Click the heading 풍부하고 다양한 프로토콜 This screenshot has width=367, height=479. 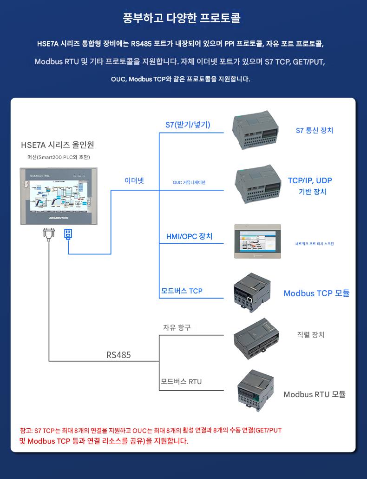182,19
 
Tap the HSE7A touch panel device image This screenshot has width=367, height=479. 59,196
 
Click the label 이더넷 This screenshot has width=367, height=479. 134,180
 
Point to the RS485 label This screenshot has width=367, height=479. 118,355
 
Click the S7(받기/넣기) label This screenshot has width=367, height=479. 188,125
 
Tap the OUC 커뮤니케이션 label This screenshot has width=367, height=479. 189,182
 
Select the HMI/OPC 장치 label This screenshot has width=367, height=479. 189,236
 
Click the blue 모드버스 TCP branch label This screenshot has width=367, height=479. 182,291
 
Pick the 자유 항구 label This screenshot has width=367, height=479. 177,327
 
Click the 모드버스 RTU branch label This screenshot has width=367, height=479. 181,382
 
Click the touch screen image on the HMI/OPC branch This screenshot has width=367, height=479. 258,241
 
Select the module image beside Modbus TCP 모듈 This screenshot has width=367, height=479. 253,292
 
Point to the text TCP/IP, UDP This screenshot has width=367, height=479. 310,180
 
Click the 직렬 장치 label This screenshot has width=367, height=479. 311,335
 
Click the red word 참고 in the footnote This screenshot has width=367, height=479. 26,430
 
